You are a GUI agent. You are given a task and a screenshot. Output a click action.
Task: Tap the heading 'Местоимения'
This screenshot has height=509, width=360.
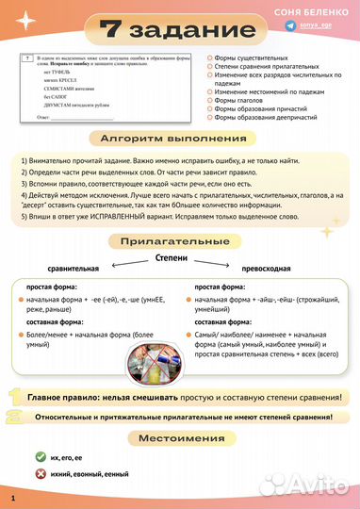(x=180, y=438)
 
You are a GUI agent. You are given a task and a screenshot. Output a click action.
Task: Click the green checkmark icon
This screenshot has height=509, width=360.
(x=41, y=456)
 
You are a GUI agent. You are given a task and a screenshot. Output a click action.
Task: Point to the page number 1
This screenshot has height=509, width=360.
(x=13, y=497)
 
